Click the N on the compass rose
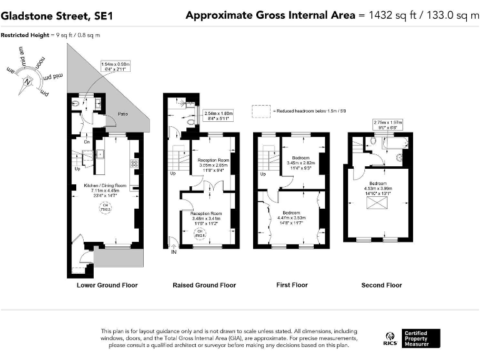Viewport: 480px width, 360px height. coord(27,81)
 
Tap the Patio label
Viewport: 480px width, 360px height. coord(124,114)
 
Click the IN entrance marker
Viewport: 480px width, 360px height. coord(173,252)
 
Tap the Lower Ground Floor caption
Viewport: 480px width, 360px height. coord(107,285)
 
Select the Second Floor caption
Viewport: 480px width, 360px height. coord(381,285)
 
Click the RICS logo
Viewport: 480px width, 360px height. coord(390,339)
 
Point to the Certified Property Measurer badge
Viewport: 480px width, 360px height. coord(421,338)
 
